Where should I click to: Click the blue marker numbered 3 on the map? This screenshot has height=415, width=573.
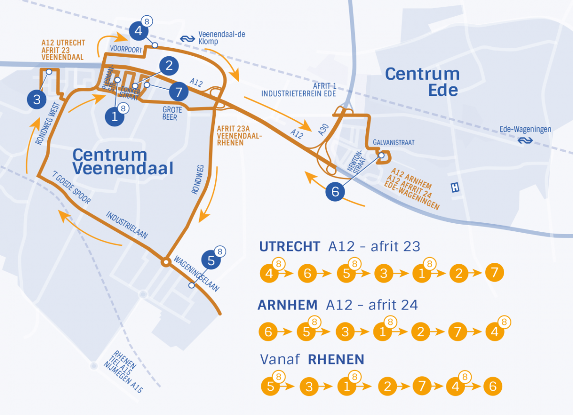[37, 100]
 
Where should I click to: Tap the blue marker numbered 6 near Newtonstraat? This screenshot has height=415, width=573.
[335, 192]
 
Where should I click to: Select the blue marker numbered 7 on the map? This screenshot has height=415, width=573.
[179, 91]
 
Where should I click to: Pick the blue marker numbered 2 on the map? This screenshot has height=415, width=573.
[169, 66]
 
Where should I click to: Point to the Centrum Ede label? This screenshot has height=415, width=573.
[422, 82]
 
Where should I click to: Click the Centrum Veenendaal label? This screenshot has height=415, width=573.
[123, 161]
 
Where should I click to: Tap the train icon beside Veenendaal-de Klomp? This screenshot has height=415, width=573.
[186, 38]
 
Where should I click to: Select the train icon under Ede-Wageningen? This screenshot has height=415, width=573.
[526, 140]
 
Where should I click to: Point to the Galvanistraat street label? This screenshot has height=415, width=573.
[394, 142]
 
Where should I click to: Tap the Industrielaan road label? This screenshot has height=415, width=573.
[127, 225]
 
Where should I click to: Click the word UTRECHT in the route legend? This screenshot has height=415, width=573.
[289, 247]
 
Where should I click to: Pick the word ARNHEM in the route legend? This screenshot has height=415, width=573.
[287, 305]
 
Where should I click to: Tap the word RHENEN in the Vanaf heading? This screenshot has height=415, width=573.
[336, 359]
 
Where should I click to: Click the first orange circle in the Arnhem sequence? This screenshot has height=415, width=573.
[268, 332]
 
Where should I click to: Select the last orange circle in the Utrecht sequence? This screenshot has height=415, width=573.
[494, 273]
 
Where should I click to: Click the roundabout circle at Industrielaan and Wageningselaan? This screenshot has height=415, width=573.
[165, 261]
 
